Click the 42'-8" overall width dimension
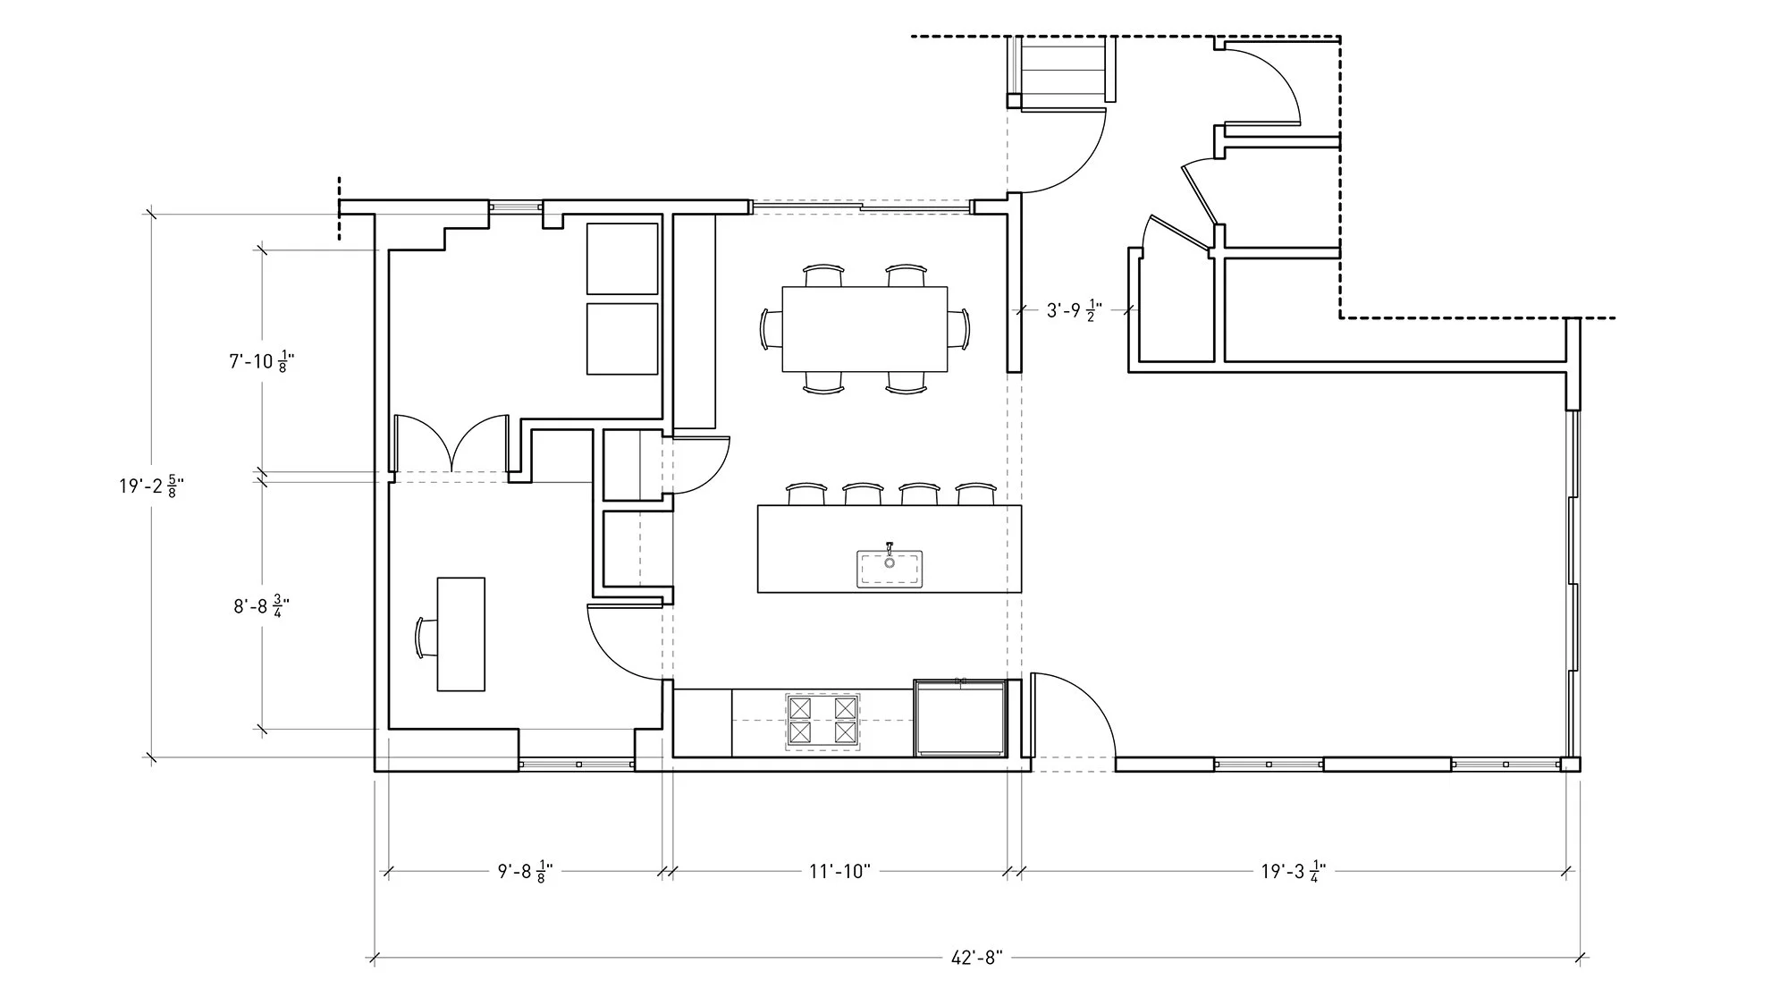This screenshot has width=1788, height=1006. pos(976,958)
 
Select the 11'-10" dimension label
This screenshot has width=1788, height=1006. pos(839,871)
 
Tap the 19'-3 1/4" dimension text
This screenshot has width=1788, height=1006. pos(1293,871)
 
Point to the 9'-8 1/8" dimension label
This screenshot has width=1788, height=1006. pos(526,872)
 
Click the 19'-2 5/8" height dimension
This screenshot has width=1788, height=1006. pos(152,486)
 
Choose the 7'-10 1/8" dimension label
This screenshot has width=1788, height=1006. pos(262,362)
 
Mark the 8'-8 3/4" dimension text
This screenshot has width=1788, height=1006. pos(262,607)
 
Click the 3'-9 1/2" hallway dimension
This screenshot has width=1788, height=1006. pos(1074,311)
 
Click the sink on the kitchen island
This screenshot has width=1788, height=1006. pos(890,570)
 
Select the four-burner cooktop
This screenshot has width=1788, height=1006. pos(822,721)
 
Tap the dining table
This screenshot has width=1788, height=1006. pos(864,328)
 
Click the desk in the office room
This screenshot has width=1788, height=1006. pos(460,634)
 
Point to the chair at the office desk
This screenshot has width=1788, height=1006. pos(425,637)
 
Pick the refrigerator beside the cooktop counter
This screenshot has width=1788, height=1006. pos(960,718)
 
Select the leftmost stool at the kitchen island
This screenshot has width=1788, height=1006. pos(805,493)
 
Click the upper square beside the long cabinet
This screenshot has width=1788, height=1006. pos(622,258)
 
